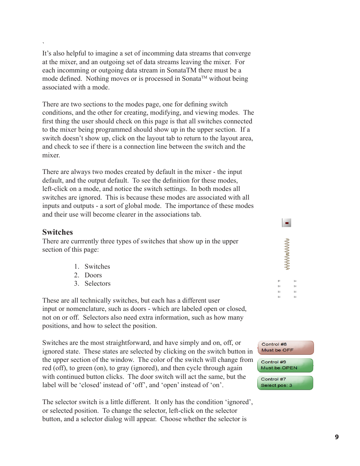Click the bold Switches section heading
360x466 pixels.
(57, 232)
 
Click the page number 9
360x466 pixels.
(337, 437)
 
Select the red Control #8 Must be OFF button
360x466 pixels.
(286, 347)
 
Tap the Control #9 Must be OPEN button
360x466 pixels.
(285, 365)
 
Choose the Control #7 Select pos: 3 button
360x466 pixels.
(285, 382)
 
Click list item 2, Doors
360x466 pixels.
(93, 275)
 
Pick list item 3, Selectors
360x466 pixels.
(97, 283)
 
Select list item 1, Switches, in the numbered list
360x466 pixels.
(97, 266)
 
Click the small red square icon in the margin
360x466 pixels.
(286, 223)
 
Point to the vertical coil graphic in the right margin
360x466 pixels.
(287, 254)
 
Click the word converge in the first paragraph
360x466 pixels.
(238, 53)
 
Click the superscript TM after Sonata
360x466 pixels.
(204, 77)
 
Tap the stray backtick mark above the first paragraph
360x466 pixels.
(43, 43)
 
